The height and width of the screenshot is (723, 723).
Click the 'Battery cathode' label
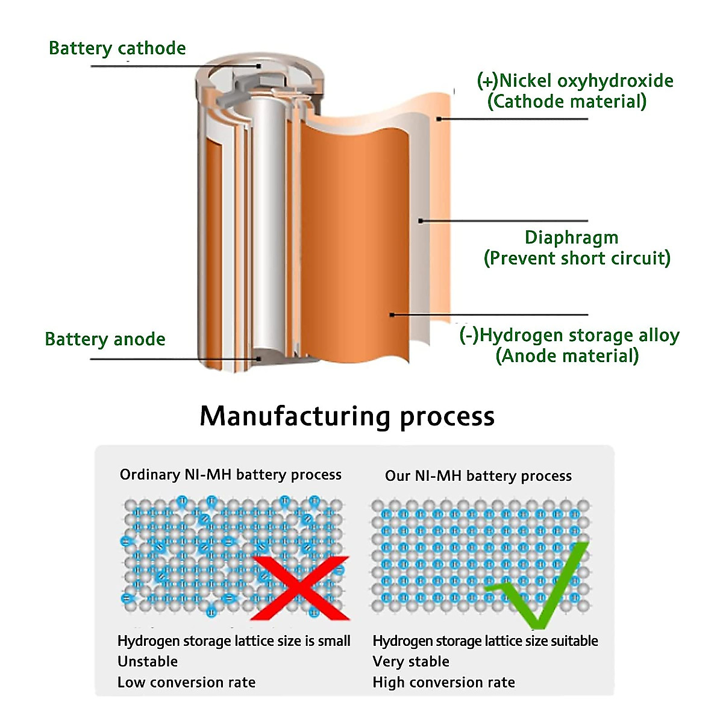pos(117,48)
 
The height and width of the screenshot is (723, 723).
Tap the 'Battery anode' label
pos(105,339)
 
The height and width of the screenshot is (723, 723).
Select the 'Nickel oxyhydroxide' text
pos(586,81)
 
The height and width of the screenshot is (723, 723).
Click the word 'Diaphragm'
pos(571,237)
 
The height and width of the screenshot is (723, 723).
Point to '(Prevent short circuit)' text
pos(577,258)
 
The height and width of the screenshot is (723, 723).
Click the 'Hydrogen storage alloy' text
pos(579,335)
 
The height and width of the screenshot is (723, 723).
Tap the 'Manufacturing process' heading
pos(347,416)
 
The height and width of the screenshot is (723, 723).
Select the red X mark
pos(299,588)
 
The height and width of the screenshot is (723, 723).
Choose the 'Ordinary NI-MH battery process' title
pos(230,475)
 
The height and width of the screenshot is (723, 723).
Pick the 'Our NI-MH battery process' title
pos(478,476)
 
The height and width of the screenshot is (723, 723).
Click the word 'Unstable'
pos(148,662)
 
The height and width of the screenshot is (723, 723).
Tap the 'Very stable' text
pos(411,662)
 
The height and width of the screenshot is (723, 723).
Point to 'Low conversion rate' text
pos(186,683)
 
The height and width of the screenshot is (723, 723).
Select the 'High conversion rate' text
pos(443,683)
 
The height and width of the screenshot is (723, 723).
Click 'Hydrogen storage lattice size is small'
pos(234,641)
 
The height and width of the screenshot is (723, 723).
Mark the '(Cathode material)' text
pos(566,101)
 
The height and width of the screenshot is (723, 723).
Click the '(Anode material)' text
pos(567,356)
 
